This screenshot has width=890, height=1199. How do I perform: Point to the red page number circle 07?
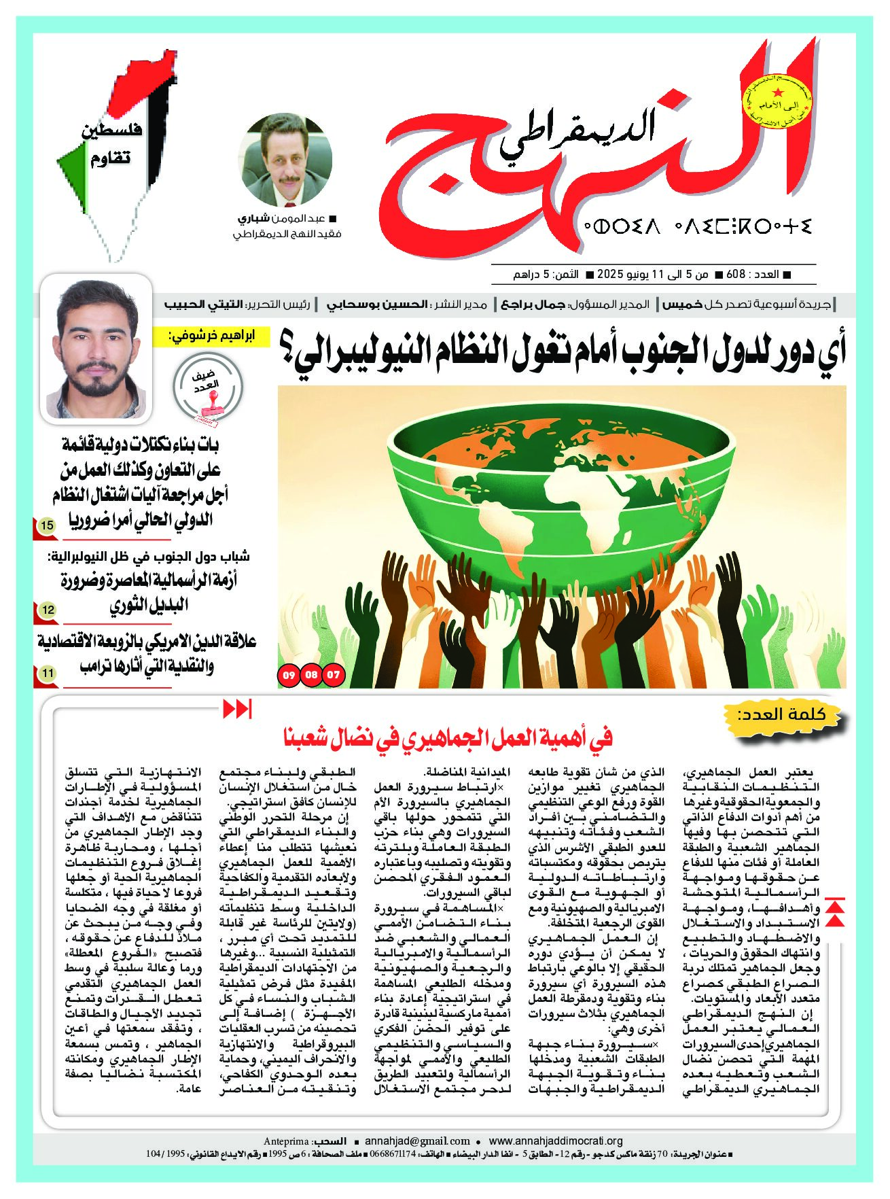coord(334,675)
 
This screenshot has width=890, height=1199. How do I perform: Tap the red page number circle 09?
coord(289,675)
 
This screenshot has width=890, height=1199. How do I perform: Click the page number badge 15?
coord(48,525)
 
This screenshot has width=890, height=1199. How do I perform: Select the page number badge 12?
coord(48,610)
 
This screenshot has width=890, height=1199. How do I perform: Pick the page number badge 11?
coord(48,673)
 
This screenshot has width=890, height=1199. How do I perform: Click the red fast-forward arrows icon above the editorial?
coord(237,709)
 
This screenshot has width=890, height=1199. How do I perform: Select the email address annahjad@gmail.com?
coord(417,1141)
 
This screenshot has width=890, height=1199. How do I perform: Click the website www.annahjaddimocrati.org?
coord(555,1141)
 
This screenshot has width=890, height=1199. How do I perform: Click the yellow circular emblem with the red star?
coord(777,102)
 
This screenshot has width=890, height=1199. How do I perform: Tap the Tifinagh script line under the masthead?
coord(696,226)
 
